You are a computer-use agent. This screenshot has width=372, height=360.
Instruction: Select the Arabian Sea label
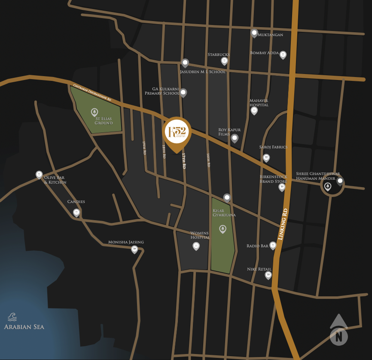tap(24, 326)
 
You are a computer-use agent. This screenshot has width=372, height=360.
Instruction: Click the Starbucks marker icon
tap(224, 61)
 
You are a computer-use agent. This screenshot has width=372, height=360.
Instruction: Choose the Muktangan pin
tap(254, 33)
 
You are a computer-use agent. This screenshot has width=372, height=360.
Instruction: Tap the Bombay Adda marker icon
tap(283, 55)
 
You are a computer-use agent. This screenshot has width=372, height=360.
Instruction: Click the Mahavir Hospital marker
tap(254, 111)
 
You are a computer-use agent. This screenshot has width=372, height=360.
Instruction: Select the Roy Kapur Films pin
tap(235, 138)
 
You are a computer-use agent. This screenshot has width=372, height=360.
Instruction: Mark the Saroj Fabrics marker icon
tap(266, 157)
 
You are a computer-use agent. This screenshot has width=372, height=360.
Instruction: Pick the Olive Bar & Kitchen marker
tap(39, 175)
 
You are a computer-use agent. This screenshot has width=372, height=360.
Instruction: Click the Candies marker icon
tap(76, 212)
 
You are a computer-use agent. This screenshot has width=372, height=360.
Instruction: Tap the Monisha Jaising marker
tap(134, 249)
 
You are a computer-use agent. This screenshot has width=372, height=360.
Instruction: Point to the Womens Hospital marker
tap(196, 246)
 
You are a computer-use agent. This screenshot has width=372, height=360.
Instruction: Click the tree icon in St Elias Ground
tap(95, 112)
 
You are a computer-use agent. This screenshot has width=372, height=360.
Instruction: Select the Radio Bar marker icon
tap(273, 245)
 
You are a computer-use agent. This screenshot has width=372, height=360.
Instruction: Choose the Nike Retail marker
tap(268, 275)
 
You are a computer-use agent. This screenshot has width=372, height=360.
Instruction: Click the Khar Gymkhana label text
tap(224, 212)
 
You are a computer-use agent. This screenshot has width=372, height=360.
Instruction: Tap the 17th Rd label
tap(184, 160)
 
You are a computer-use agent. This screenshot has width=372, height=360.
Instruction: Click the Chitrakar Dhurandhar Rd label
tap(92, 92)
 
